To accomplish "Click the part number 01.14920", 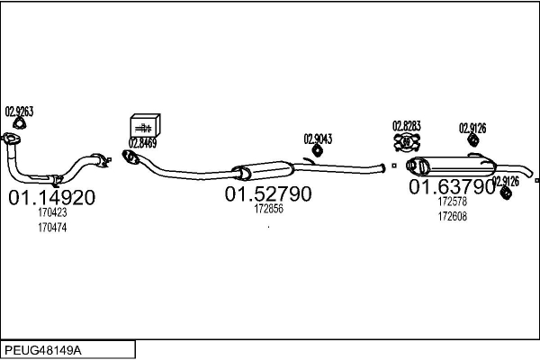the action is pyautogui.click(x=51, y=198).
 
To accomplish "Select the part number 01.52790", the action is pyautogui.click(x=268, y=194).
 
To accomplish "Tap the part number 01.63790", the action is pyautogui.click(x=452, y=186).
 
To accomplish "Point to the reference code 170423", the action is pyautogui.click(x=52, y=212).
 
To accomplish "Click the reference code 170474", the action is pyautogui.click(x=52, y=228).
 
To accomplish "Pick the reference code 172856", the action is pyautogui.click(x=268, y=209).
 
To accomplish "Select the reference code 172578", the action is pyautogui.click(x=453, y=202).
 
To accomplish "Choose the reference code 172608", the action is pyautogui.click(x=453, y=216).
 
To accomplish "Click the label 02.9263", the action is pyautogui.click(x=19, y=112).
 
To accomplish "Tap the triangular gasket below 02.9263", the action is pyautogui.click(x=20, y=123).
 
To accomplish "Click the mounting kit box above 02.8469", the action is pyautogui.click(x=145, y=125).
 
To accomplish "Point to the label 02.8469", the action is pyautogui.click(x=142, y=142).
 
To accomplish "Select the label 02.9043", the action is pyautogui.click(x=318, y=139).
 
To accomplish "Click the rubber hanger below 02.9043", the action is pyautogui.click(x=317, y=150).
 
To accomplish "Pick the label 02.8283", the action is pyautogui.click(x=407, y=126).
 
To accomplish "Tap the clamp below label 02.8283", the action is pyautogui.click(x=407, y=142).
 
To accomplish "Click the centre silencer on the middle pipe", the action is pyautogui.click(x=264, y=170).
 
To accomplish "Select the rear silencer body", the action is pyautogui.click(x=451, y=166).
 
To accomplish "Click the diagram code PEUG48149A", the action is pyautogui.click(x=43, y=351).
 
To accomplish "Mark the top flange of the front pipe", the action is pyautogui.click(x=11, y=139).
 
